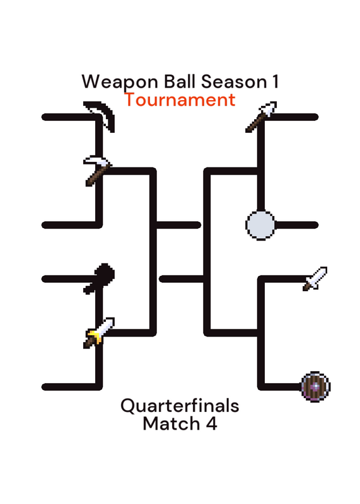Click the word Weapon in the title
[x=120, y=83]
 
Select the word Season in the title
[x=234, y=82]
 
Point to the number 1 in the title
[x=275, y=81]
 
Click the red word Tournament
[x=180, y=100]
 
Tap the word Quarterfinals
[x=180, y=406]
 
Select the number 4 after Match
[x=211, y=423]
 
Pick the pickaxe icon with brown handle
[x=98, y=170]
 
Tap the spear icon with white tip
[x=261, y=117]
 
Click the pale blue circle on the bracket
[x=260, y=226]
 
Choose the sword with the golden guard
[x=98, y=333]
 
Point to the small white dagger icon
[x=315, y=278]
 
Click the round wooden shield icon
[x=316, y=387]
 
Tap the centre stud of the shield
[x=316, y=387]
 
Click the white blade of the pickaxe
[x=97, y=161]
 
